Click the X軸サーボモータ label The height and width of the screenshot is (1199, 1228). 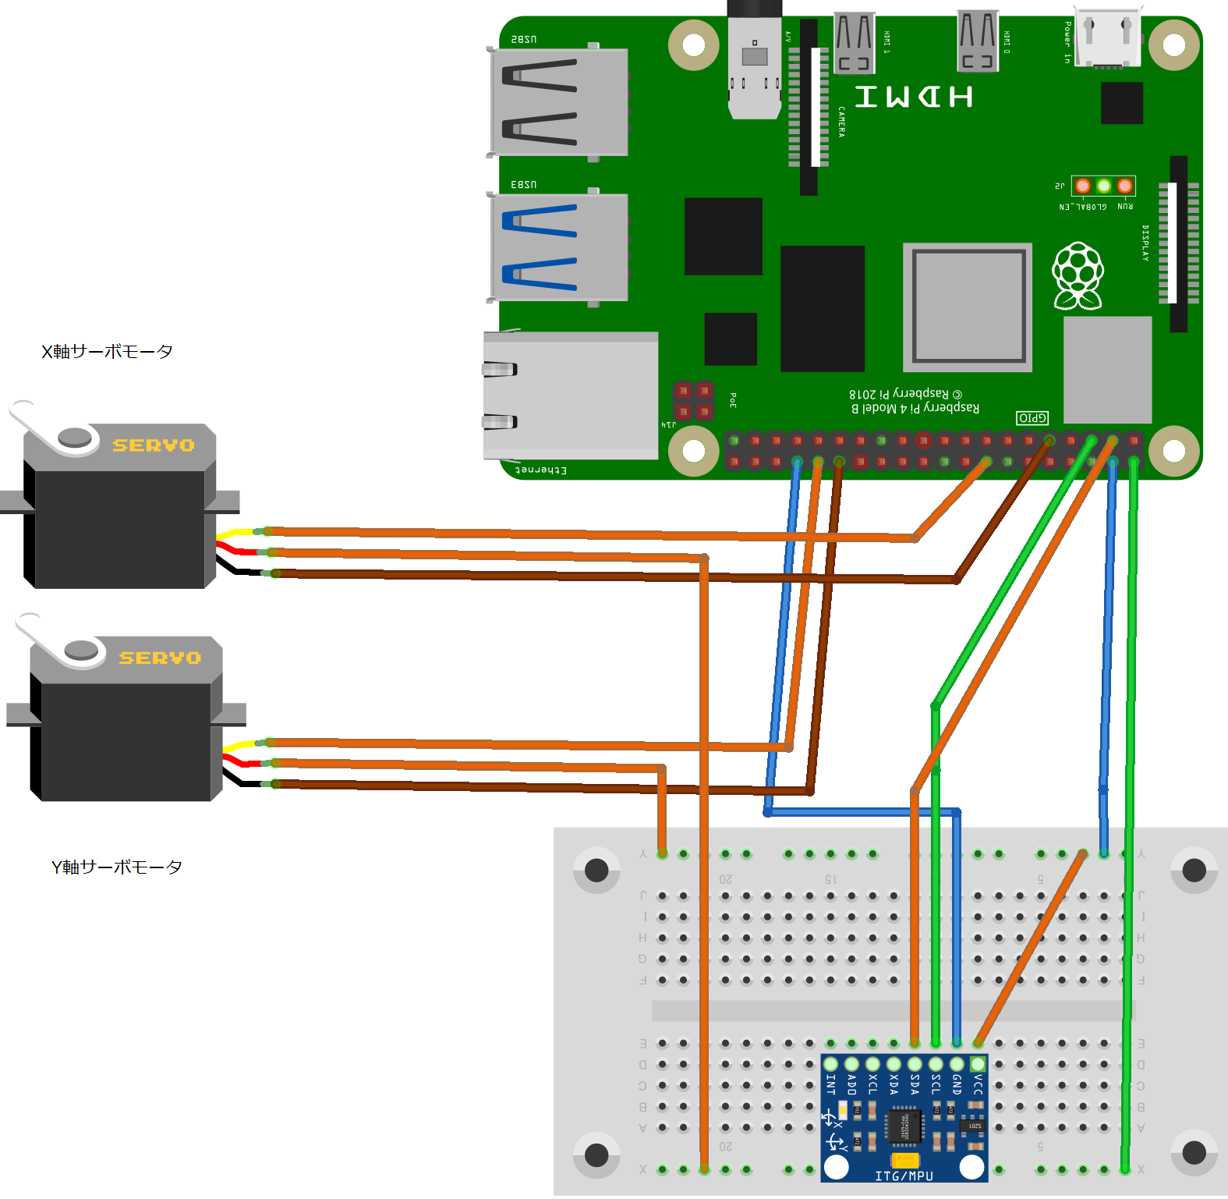tap(107, 352)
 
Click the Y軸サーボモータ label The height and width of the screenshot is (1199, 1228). tap(116, 867)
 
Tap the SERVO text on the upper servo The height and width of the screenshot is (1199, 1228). tap(153, 445)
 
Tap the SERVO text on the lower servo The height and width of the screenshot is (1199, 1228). tap(160, 658)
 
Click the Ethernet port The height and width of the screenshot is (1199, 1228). tap(569, 396)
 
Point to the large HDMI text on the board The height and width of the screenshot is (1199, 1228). tap(914, 98)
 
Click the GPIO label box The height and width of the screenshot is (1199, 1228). tap(1032, 418)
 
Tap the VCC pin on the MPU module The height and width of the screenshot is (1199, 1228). tap(977, 1064)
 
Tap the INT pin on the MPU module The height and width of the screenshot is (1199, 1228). tap(831, 1064)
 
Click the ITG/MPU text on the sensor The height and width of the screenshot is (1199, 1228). tap(904, 1176)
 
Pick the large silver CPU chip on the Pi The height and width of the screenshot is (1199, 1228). tap(968, 307)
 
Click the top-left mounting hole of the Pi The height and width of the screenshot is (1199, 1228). tap(693, 45)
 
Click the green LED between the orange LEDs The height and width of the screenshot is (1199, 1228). tap(1103, 186)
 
